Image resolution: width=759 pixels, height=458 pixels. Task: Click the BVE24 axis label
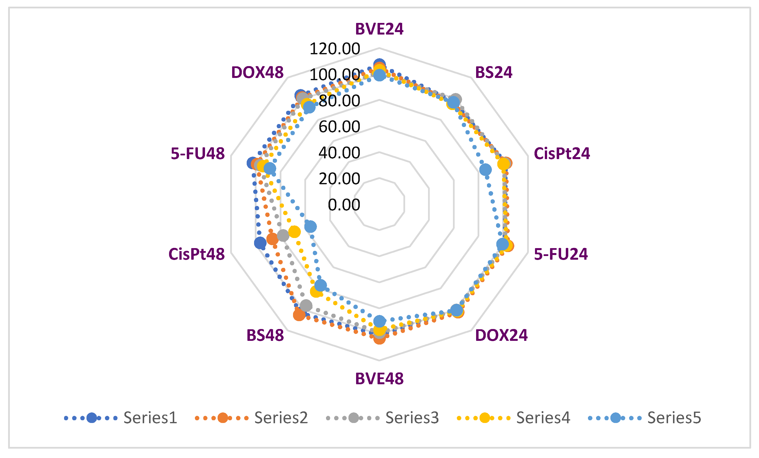379,29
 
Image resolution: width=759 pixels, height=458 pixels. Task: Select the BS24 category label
493,73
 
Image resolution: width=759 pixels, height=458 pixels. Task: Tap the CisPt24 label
562,153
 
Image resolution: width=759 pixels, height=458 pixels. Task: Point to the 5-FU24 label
561,254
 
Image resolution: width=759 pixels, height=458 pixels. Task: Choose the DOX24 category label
501,335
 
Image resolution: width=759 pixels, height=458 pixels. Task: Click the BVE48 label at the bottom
379,379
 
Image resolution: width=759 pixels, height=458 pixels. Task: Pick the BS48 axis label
265,335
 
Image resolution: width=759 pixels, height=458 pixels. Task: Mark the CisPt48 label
197,254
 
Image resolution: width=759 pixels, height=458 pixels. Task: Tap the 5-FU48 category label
198,153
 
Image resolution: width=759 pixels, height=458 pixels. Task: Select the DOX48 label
257,73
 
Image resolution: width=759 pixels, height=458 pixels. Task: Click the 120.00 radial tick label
335,49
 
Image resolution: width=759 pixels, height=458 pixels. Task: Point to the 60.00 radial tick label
339,127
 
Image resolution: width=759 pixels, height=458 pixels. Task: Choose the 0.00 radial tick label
344,205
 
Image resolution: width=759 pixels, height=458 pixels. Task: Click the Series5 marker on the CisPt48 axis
310,227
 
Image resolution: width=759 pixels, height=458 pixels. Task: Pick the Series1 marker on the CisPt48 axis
260,243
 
